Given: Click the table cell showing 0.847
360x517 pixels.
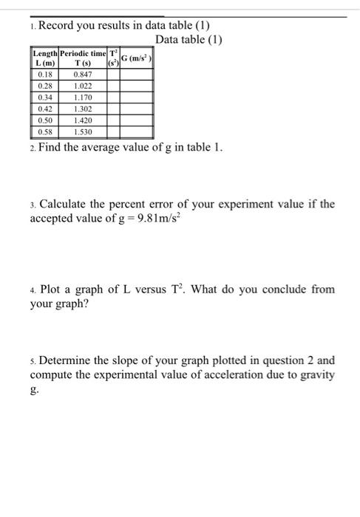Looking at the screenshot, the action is click(x=82, y=74).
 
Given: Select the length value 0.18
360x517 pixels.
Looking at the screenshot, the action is click(x=44, y=74).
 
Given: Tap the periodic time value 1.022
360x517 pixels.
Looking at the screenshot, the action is click(x=82, y=86).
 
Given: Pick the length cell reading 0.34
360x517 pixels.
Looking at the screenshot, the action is click(x=44, y=97).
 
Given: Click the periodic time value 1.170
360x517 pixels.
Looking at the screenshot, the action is click(x=82, y=97).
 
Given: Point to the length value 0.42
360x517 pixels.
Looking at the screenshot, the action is click(x=44, y=109).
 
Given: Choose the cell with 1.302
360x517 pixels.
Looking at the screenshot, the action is click(x=82, y=109).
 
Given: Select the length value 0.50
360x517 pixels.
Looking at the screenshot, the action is click(x=44, y=120).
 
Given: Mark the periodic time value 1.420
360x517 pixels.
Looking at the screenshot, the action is click(x=82, y=120).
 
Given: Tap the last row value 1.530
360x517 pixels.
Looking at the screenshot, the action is click(x=82, y=131).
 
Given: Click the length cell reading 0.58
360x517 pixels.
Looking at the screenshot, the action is click(x=44, y=131).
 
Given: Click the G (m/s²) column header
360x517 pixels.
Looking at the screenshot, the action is click(x=137, y=58).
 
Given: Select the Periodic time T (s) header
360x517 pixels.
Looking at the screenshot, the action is click(x=83, y=58).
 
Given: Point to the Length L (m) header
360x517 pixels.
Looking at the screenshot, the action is click(x=44, y=58).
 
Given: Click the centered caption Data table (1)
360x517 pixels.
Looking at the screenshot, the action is click(x=189, y=39).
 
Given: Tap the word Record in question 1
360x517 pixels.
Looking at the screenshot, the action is click(x=59, y=26).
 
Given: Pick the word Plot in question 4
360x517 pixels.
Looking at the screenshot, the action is click(x=51, y=289).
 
